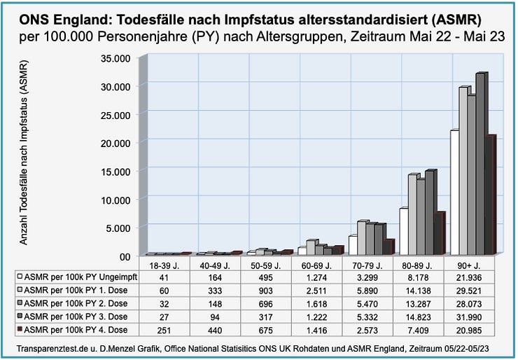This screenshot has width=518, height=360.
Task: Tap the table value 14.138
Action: click(423, 291)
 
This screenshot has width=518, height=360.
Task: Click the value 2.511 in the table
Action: click(322, 291)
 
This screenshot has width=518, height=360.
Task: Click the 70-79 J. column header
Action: click(372, 265)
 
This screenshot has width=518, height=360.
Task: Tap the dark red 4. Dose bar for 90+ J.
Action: click(491, 196)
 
